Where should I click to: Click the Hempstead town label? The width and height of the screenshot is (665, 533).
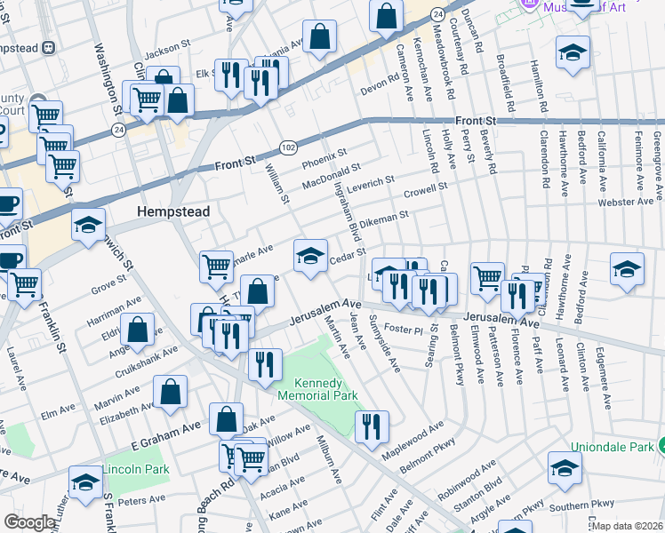pos(173,212)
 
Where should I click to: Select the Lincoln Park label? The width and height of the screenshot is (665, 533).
pos(135,468)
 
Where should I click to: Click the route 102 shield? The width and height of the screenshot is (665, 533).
pos(288,146)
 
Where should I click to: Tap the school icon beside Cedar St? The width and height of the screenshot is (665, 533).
pos(308,257)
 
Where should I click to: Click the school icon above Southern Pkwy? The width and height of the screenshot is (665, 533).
pos(565,467)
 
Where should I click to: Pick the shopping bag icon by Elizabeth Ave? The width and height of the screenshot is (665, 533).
pos(170,391)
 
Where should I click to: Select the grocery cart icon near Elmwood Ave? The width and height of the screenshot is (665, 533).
pos(487,278)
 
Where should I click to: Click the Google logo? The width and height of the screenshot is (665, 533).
pos(29,522)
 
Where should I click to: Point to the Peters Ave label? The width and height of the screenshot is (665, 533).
pos(137,502)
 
